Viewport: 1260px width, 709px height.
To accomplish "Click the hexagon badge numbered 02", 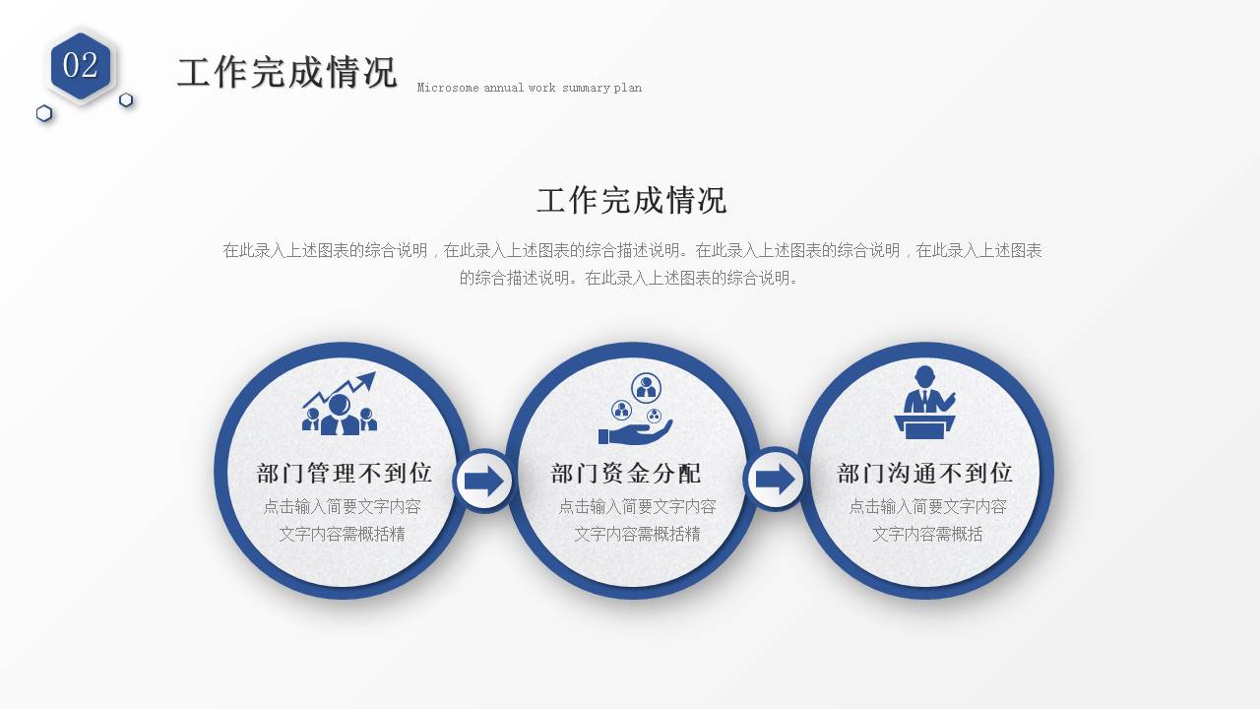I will pyautogui.click(x=82, y=66).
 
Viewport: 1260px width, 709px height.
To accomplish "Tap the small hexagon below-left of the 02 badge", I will pyautogui.click(x=44, y=113).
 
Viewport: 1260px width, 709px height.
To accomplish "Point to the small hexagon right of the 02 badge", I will pyautogui.click(x=126, y=99).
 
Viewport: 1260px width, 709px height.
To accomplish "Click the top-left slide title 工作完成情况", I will pyautogui.click(x=286, y=73).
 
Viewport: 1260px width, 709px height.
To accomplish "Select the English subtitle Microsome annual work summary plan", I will pyautogui.click(x=529, y=88).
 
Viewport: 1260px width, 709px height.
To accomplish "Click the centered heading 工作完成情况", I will pyautogui.click(x=631, y=201).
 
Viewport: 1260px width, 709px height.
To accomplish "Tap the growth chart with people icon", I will pyautogui.click(x=340, y=404).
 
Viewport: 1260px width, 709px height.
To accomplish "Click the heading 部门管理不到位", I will pyautogui.click(x=345, y=474).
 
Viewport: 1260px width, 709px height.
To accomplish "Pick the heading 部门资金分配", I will pyautogui.click(x=626, y=474).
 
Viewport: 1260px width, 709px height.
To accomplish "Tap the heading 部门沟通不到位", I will pyautogui.click(x=925, y=474).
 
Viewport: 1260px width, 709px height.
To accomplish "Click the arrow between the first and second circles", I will pyautogui.click(x=483, y=482).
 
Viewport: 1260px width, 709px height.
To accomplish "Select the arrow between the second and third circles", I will pyautogui.click(x=776, y=480).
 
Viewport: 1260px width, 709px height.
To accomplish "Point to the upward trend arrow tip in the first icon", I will pyautogui.click(x=370, y=376).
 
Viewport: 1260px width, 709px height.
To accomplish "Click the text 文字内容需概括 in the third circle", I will pyautogui.click(x=927, y=534).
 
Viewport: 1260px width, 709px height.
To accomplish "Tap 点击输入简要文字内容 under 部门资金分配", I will pyautogui.click(x=637, y=506).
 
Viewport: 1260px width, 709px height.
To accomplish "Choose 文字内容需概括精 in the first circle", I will pyautogui.click(x=342, y=534).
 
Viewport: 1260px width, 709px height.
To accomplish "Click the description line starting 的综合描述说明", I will pyautogui.click(x=631, y=278).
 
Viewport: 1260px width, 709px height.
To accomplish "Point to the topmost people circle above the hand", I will pyautogui.click(x=646, y=387).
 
